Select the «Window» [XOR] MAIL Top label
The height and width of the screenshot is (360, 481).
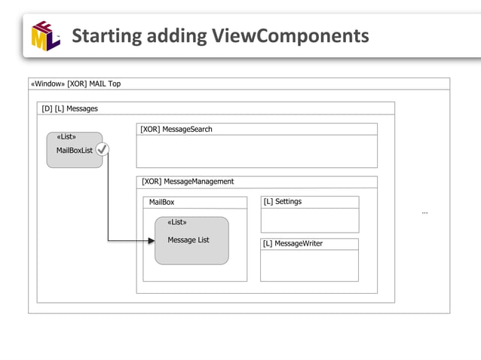(75, 84)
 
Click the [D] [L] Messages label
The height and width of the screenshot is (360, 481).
(70, 108)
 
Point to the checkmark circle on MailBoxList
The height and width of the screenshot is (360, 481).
(103, 150)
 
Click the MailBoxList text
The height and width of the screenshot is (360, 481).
(75, 151)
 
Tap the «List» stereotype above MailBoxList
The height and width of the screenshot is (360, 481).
(66, 137)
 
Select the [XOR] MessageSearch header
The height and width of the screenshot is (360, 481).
(176, 130)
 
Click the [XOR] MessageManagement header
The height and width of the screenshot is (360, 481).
(188, 182)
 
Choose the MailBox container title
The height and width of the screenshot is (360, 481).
(161, 203)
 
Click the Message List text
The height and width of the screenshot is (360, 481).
(188, 240)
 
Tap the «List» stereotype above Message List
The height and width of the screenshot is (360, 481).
(177, 222)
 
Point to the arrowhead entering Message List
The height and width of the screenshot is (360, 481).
(151, 241)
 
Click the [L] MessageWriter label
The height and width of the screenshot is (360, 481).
(293, 243)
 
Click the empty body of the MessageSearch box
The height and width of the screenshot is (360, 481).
(256, 151)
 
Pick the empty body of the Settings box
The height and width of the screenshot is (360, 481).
(309, 220)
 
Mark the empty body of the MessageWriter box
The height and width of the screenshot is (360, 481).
(309, 265)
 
